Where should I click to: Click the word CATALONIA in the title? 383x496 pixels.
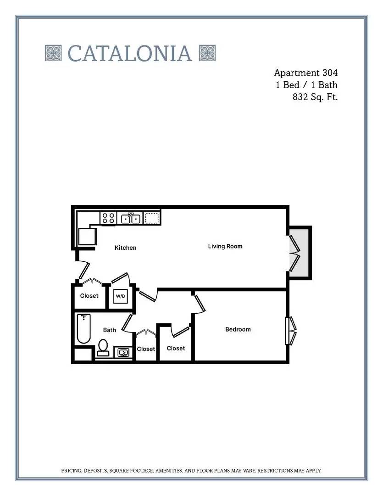[129, 53]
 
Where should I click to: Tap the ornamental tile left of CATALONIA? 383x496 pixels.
[53, 53]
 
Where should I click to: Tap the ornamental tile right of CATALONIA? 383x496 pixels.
[207, 53]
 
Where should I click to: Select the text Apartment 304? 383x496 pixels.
[305, 73]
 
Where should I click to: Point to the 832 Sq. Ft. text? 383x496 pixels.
[315, 97]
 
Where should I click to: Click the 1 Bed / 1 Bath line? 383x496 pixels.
[306, 85]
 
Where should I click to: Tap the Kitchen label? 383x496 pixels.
[126, 248]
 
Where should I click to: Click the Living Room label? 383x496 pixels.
[225, 246]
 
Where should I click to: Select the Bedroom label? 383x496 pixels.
[238, 329]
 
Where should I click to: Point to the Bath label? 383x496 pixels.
[109, 330]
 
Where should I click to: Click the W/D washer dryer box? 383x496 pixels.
[120, 296]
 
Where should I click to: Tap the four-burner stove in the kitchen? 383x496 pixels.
[108, 218]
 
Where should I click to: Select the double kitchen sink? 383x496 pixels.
[130, 218]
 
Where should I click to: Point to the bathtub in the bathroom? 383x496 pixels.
[83, 329]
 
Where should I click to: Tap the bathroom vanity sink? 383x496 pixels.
[123, 352]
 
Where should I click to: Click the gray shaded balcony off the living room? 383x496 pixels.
[299, 253]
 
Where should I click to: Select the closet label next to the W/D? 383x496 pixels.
[89, 296]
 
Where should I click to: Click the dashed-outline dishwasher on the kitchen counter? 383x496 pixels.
[152, 218]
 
